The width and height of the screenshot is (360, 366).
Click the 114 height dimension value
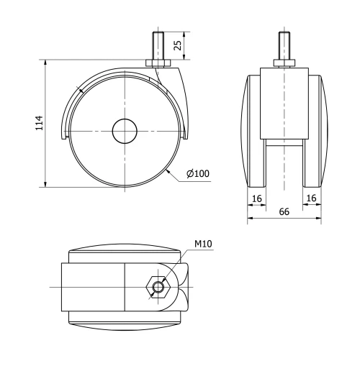pos(40,123)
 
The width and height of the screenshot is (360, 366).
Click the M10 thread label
pos(202,244)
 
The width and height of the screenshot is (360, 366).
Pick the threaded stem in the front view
pos(284,45)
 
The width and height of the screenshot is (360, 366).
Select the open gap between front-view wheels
pos(284,165)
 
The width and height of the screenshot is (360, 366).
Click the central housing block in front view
pos(284,101)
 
